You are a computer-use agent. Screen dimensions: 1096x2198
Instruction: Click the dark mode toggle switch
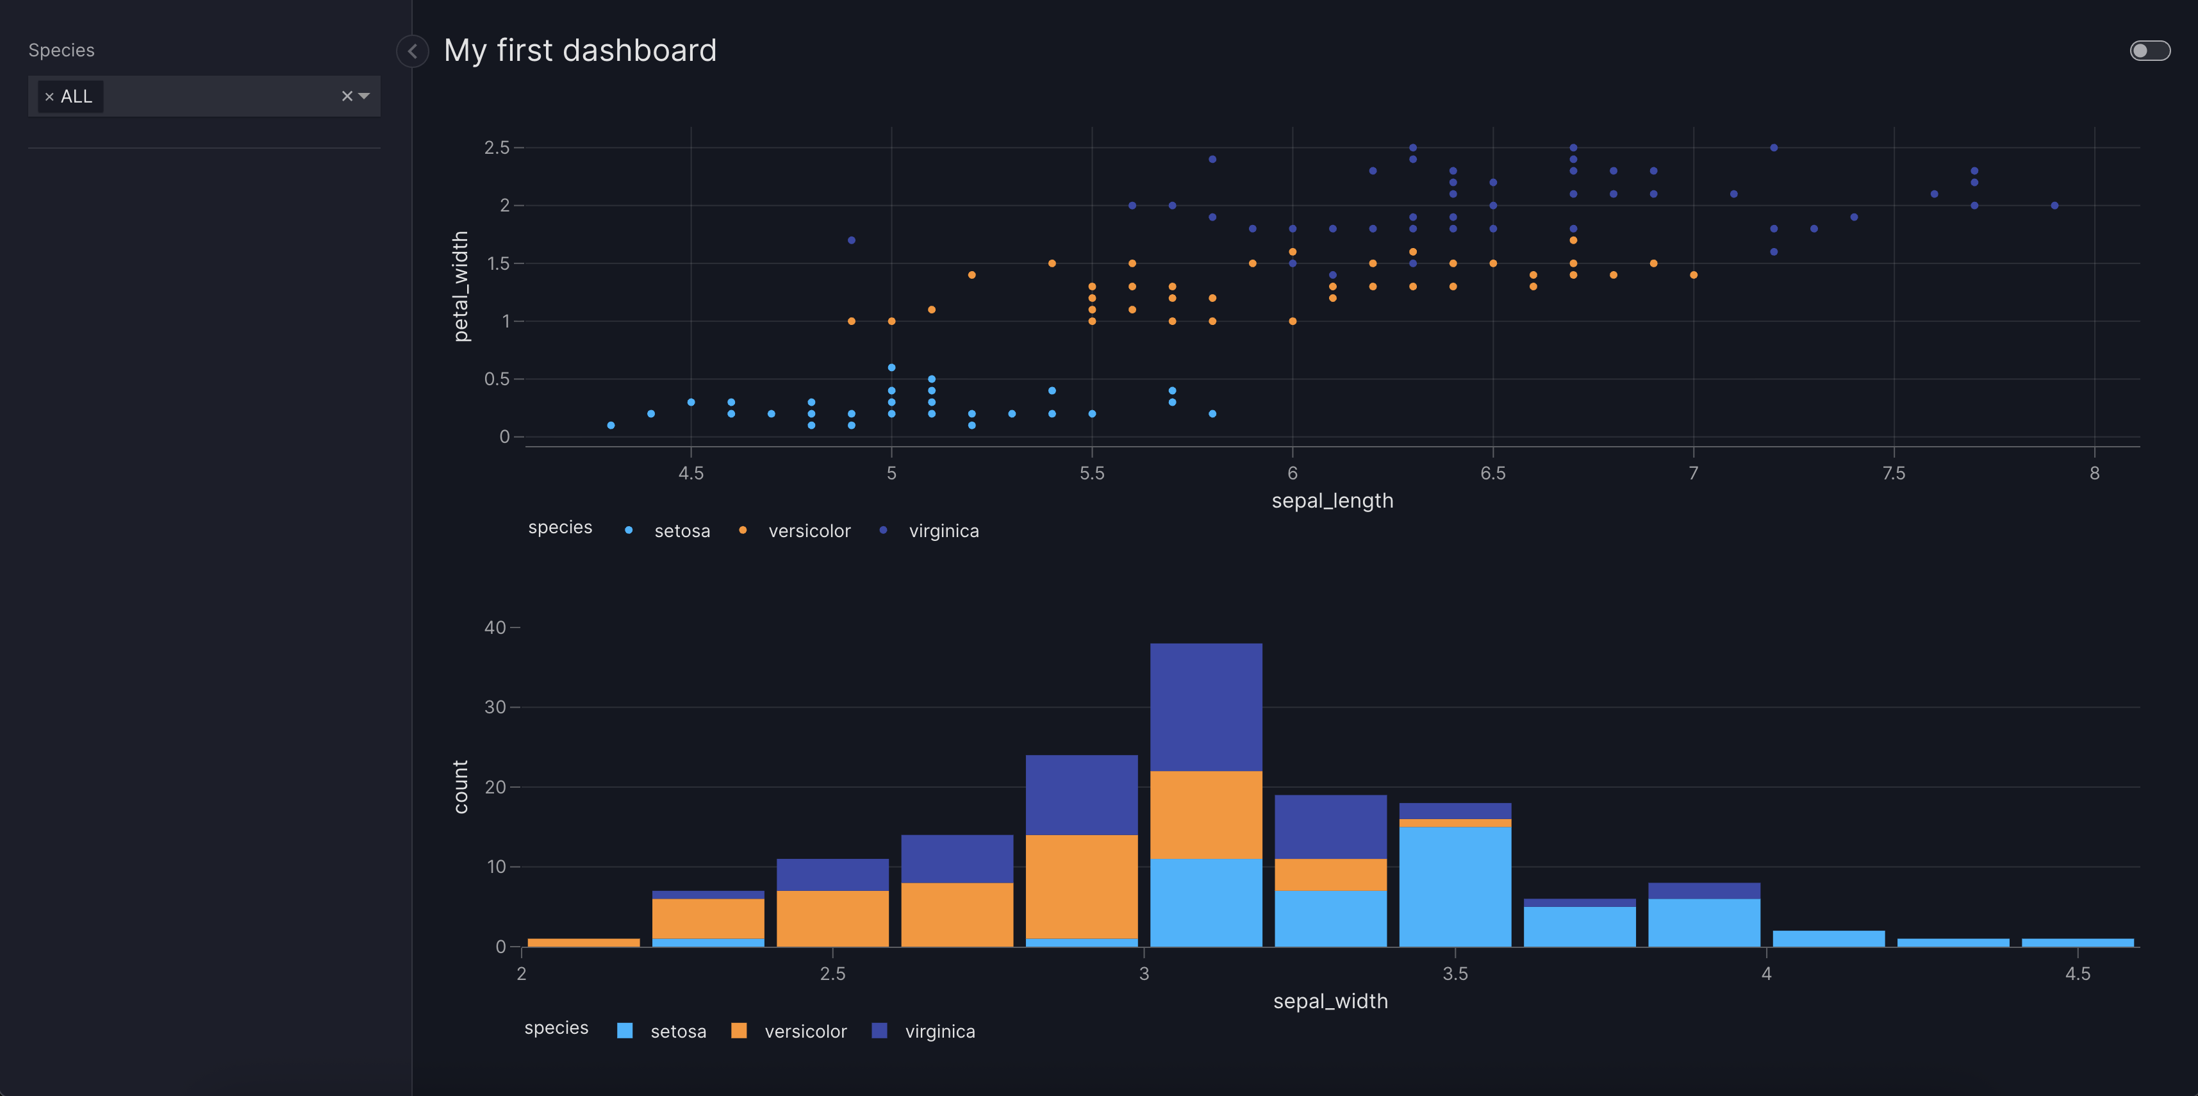click(x=2149, y=51)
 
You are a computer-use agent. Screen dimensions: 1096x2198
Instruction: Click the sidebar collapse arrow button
click(x=412, y=51)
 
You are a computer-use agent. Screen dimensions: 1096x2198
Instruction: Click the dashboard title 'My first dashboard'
click(x=579, y=51)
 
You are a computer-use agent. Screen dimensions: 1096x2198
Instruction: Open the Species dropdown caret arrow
click(x=365, y=95)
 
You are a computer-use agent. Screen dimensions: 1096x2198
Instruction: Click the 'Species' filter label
click(x=62, y=51)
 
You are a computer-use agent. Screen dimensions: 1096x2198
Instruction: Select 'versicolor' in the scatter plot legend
click(x=808, y=531)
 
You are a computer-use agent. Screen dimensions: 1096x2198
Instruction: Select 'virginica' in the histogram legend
click(x=939, y=1031)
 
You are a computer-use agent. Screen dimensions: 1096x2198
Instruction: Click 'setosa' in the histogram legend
click(x=677, y=1031)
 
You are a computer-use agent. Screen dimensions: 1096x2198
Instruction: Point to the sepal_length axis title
click(x=1332, y=501)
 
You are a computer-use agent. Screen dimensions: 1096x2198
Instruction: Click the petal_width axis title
click(x=461, y=286)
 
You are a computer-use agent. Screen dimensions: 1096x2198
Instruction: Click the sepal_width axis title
click(x=1330, y=1001)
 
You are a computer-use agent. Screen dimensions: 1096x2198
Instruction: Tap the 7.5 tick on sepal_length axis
click(x=1894, y=474)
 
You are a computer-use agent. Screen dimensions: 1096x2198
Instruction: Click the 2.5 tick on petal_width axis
click(x=497, y=147)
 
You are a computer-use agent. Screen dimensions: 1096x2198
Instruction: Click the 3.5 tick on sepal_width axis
click(x=1455, y=974)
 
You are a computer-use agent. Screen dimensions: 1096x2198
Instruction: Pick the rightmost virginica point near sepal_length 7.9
click(x=2054, y=206)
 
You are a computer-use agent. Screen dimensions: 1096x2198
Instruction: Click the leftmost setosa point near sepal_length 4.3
click(x=611, y=425)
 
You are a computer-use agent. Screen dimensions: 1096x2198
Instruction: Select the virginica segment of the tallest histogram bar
click(x=1205, y=707)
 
